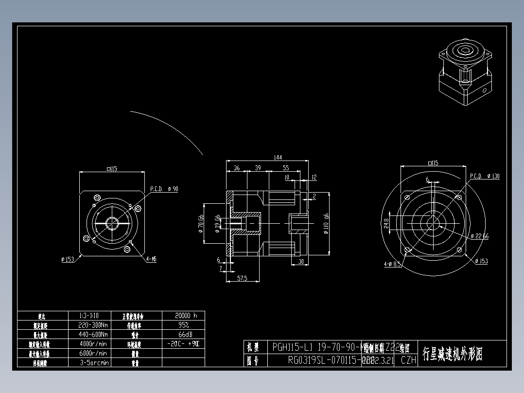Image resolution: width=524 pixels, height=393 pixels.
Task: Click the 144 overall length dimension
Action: click(x=278, y=158)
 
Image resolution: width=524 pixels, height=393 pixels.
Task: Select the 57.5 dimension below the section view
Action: click(x=242, y=278)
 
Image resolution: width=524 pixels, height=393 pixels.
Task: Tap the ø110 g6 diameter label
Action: click(x=326, y=223)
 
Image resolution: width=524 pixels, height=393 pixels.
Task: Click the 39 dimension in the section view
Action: click(x=258, y=168)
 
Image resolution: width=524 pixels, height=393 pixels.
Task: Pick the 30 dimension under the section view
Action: click(x=300, y=262)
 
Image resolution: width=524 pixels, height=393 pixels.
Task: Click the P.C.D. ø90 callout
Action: click(x=164, y=189)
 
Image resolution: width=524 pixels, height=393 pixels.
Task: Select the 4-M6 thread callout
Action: click(x=151, y=259)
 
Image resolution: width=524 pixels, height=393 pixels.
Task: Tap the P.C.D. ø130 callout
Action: click(x=484, y=176)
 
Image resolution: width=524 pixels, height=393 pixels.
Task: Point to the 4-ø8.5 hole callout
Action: click(x=392, y=265)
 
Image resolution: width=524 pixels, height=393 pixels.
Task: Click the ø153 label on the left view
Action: click(x=68, y=259)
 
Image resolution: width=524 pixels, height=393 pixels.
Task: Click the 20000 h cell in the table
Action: click(x=183, y=315)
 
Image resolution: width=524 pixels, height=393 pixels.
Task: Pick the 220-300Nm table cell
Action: click(x=93, y=325)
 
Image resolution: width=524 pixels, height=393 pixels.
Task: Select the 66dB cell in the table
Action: click(x=183, y=335)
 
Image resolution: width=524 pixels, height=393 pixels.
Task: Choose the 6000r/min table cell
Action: click(x=93, y=353)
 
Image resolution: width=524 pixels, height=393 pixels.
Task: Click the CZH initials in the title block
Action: click(x=408, y=360)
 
